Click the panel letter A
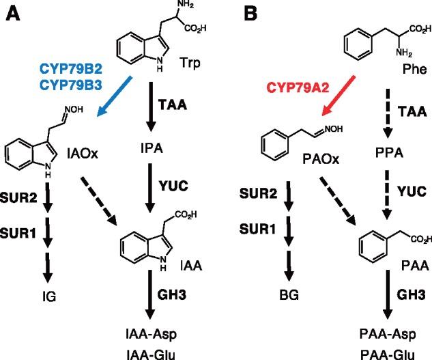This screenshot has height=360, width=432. pos(13,13)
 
